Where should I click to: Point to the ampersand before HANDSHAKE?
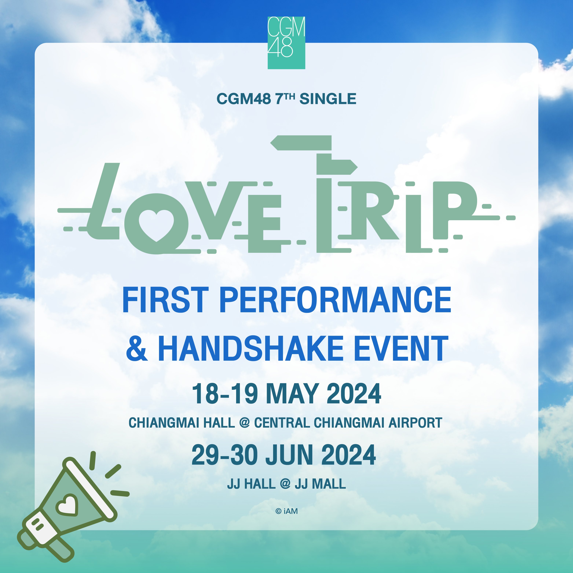tap(137, 349)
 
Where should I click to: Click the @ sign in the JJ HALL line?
tap(285, 484)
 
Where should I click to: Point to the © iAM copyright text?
tap(286, 511)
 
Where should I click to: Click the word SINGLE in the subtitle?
tap(328, 99)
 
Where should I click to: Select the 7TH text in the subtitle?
tap(285, 98)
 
